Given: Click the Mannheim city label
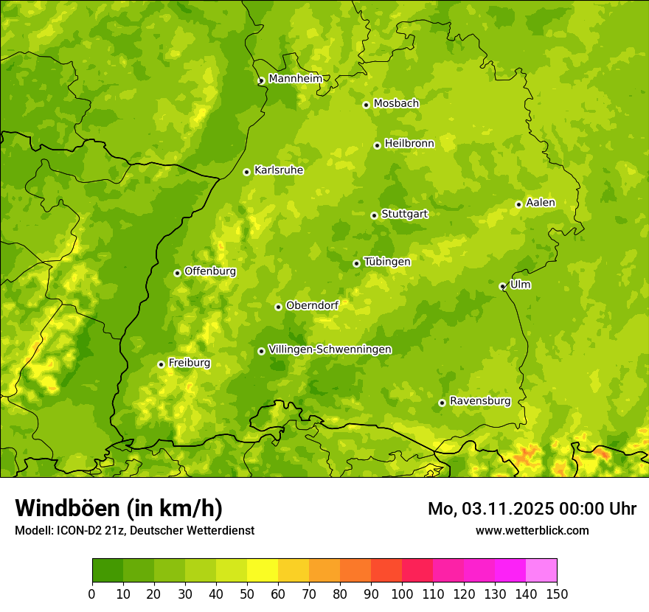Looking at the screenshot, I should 295,78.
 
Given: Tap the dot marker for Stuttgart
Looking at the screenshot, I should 374,215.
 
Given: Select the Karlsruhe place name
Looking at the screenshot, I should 279,170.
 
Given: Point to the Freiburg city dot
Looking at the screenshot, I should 161,364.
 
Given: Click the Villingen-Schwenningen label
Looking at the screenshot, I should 330,350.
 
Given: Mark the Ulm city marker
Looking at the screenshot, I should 502,286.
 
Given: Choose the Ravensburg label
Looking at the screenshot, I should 480,401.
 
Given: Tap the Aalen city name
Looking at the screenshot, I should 541,203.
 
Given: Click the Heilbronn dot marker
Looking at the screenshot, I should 377,145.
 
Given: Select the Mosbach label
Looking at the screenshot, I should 396,103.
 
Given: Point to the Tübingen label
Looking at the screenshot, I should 387,262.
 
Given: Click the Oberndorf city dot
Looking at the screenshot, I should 278,307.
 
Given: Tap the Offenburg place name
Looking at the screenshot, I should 210,271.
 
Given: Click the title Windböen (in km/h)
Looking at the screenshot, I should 118,508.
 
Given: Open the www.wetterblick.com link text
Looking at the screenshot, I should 532,530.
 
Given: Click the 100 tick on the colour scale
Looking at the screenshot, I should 402,594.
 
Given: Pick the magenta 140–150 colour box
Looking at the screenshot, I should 541,570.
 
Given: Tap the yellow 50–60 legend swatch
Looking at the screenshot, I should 263,570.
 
